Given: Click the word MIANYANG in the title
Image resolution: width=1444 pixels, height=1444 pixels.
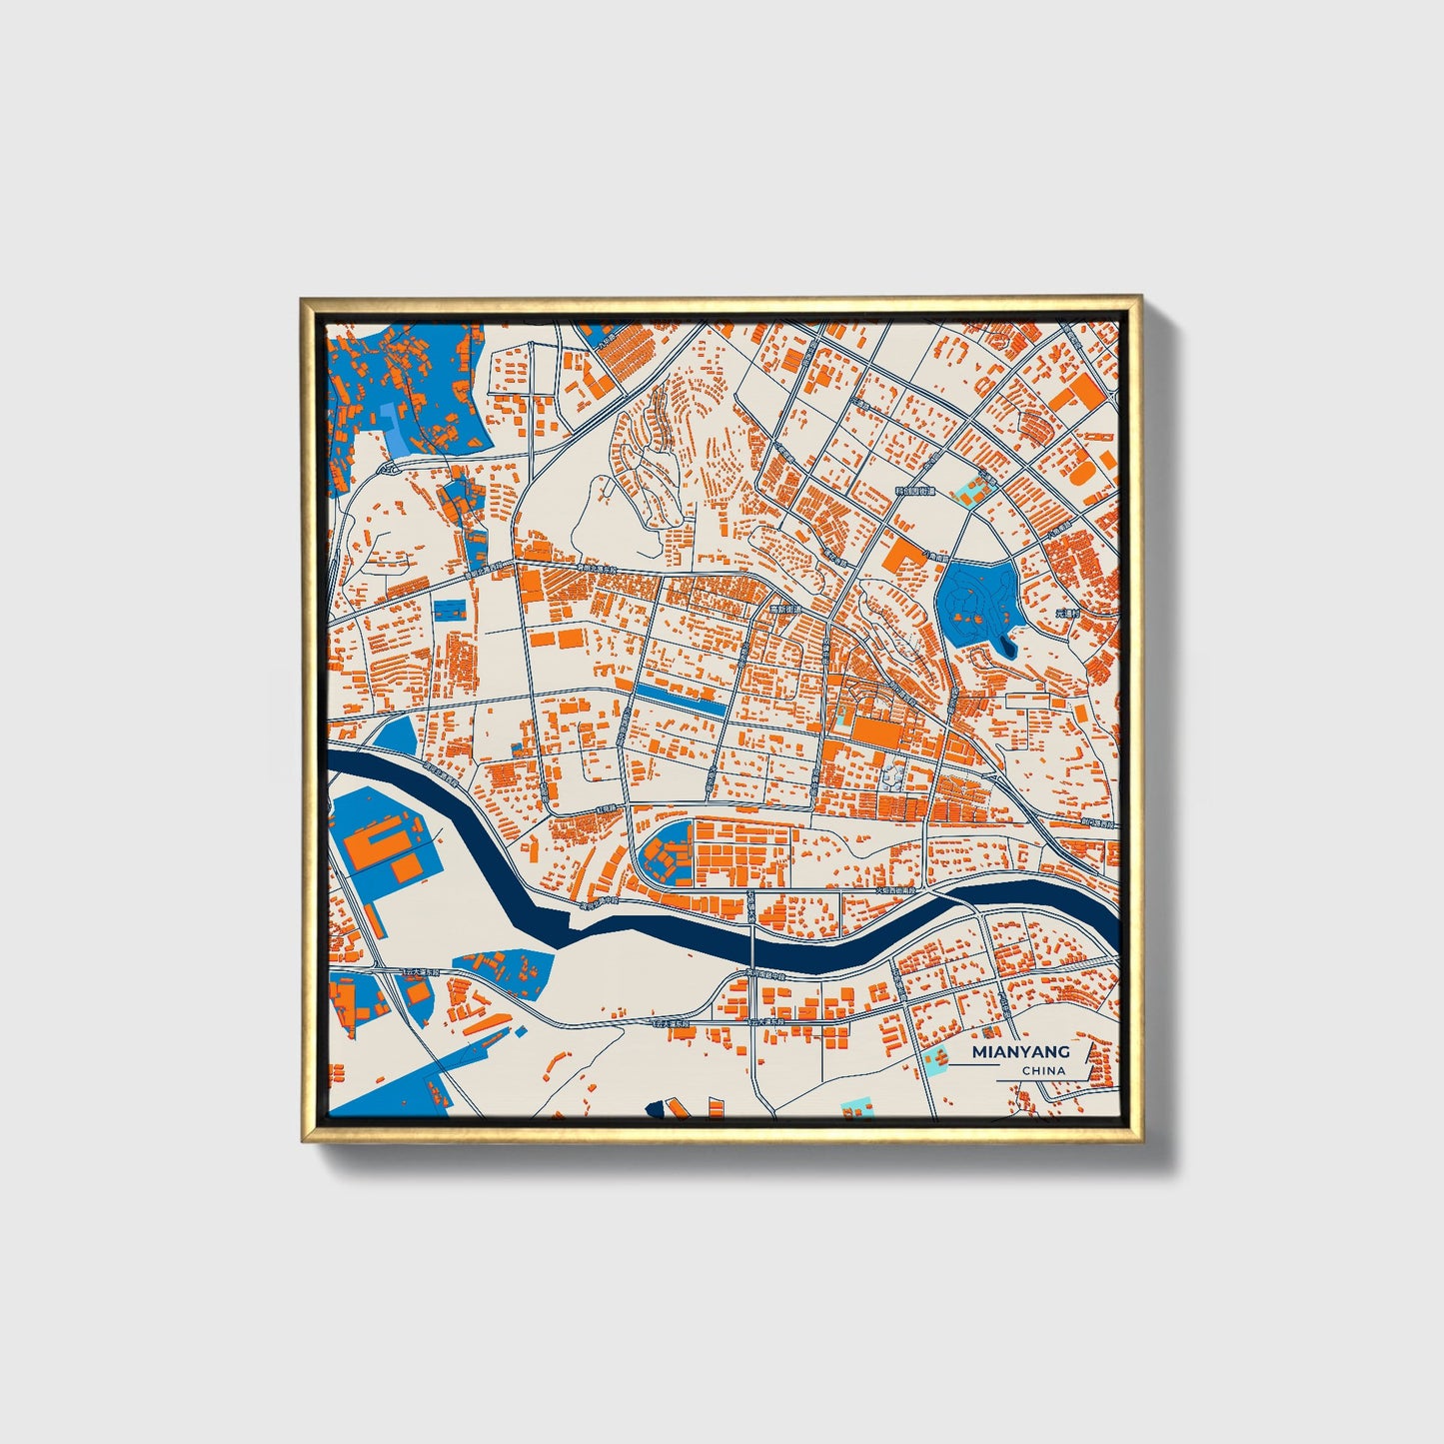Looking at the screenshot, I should pos(1020,1051).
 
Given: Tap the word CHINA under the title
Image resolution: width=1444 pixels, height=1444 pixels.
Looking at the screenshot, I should pos(1043,1070).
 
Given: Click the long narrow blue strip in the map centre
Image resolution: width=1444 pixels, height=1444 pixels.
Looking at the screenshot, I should pos(681,697).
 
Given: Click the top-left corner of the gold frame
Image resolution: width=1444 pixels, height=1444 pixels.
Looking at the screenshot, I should pos(304,300).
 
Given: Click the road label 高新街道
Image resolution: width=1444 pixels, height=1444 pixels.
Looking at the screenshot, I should pos(784,608).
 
